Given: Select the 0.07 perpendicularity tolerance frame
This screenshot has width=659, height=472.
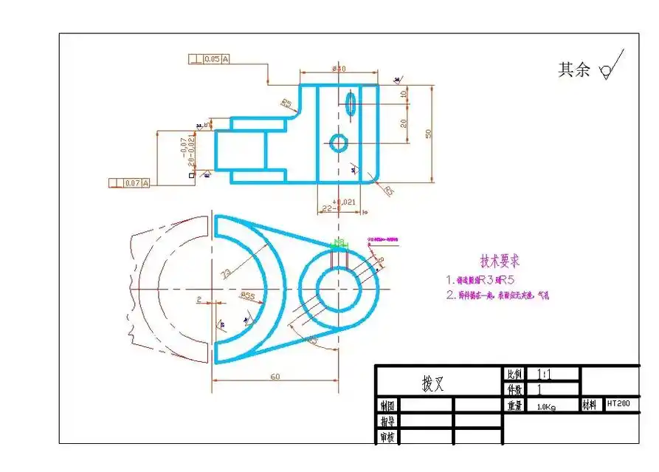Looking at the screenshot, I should click(129, 182).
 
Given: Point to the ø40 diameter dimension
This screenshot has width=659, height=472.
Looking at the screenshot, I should click(339, 69).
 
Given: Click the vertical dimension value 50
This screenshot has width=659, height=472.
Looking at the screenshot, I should click(428, 132).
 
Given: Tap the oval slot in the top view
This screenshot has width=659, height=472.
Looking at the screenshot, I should click(351, 103).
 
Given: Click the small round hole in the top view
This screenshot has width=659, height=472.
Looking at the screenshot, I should click(339, 143).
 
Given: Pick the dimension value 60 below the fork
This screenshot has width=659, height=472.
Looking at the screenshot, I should click(275, 377).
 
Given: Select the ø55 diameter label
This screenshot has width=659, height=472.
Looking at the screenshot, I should click(248, 295).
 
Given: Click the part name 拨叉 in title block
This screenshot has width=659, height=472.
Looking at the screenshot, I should click(432, 383).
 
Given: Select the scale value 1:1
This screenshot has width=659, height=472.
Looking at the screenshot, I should click(544, 374).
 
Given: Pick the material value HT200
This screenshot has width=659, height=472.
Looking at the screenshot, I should click(618, 404).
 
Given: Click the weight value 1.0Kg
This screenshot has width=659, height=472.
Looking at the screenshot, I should click(546, 406).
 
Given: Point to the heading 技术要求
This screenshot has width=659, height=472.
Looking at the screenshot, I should click(500, 261).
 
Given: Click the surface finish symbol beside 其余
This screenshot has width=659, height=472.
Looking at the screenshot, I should click(610, 67).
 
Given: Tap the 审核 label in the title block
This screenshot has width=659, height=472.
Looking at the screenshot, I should click(387, 437).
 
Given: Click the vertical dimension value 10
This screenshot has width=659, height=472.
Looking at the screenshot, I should click(403, 95).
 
